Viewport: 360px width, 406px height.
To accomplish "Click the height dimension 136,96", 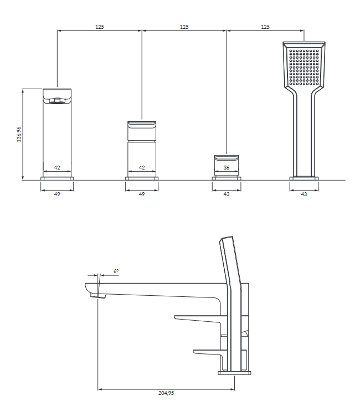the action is tap(19, 134).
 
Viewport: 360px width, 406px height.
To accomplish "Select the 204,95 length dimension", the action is tap(166, 393).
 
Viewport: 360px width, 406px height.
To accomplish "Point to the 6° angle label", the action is tap(116, 271).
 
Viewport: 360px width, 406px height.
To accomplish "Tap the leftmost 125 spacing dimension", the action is tap(100, 27).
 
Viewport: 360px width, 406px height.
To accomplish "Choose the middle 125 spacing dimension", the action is tap(184, 27).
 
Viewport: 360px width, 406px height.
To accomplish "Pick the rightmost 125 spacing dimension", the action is tap(265, 27).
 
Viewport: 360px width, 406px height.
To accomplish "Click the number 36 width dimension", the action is tap(227, 167).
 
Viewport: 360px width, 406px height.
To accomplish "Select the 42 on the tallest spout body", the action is tap(57, 167).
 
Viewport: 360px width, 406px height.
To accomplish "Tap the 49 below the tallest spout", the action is tap(57, 194).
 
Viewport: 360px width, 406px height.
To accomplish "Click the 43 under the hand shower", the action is tap(304, 194).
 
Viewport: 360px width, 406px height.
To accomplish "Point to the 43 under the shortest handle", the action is tap(227, 194).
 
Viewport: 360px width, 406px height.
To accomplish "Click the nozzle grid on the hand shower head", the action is tap(304, 67).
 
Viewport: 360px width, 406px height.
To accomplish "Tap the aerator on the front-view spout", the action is tap(57, 101).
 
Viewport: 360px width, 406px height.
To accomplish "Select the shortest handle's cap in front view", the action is tap(227, 158).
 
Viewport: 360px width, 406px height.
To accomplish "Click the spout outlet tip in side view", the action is tap(98, 296).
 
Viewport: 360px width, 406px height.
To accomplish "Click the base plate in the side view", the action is tap(234, 373).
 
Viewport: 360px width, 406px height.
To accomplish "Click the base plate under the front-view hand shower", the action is tap(304, 178).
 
